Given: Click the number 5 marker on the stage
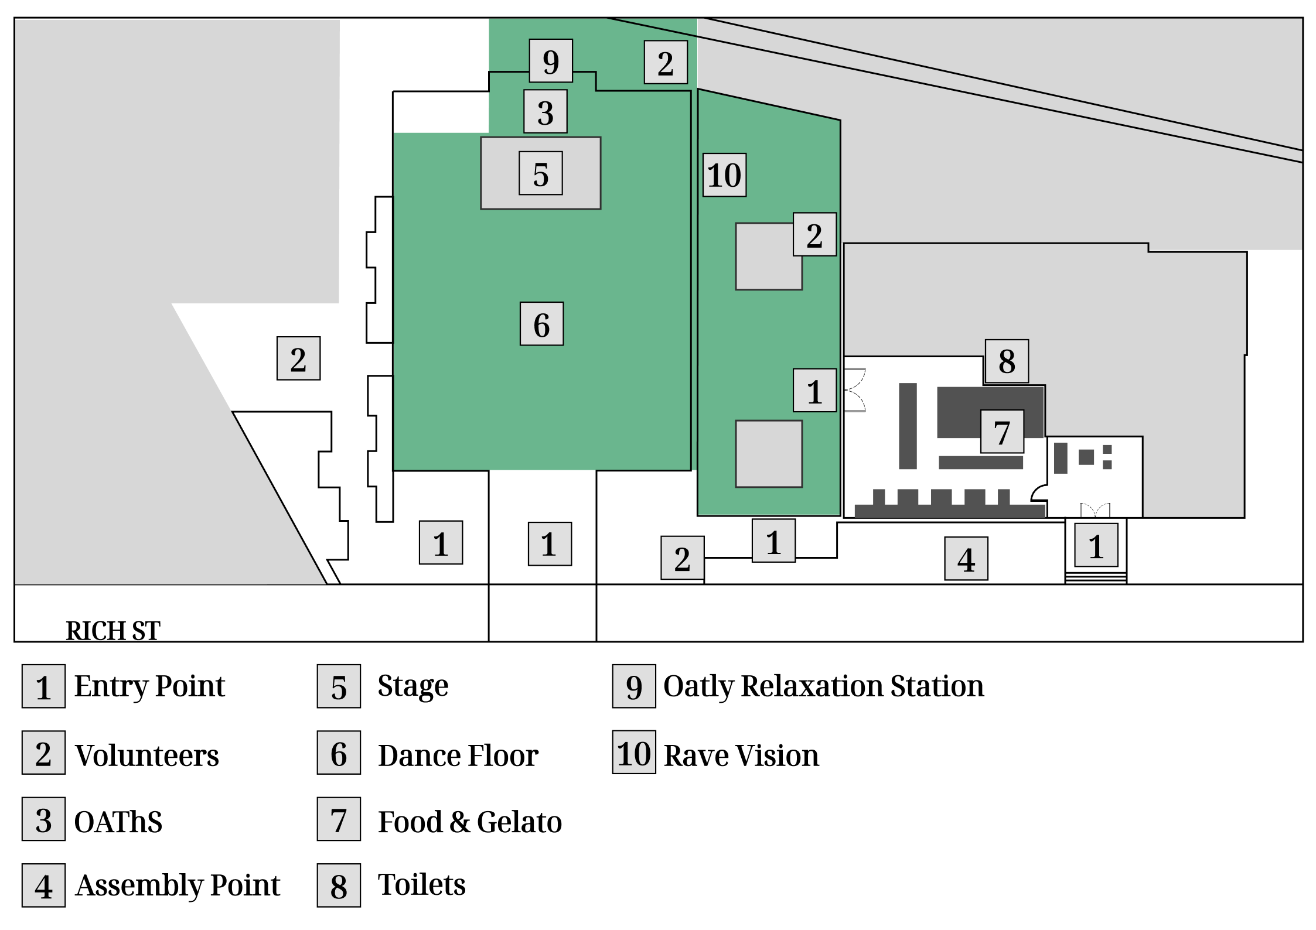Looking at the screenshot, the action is (x=540, y=173).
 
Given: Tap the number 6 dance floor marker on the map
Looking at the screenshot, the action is (x=541, y=323).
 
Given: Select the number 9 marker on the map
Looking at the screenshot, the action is (x=551, y=60).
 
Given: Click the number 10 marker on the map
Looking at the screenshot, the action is (x=724, y=175).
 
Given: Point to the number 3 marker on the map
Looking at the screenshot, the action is (x=545, y=111).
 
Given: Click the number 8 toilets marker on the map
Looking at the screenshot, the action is (x=1007, y=361).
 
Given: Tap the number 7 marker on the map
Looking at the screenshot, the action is (x=1002, y=431).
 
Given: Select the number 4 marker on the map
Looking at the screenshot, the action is (x=966, y=558).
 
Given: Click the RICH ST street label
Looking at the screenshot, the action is (x=112, y=630).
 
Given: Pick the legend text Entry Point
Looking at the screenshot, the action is (x=149, y=686).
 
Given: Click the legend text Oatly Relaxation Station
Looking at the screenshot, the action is (x=823, y=686).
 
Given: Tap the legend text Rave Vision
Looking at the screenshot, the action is (x=741, y=755).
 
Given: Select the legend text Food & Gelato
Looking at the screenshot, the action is (x=470, y=821).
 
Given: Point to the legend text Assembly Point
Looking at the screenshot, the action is (x=178, y=885).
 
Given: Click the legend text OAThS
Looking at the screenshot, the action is (x=118, y=821).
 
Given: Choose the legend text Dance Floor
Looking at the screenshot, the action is (x=458, y=755).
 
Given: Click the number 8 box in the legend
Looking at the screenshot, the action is (x=339, y=885).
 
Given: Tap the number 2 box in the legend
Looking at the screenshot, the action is (x=43, y=752).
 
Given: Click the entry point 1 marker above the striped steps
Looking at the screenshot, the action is (x=1096, y=545).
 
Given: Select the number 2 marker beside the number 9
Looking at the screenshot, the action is (x=666, y=62).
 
